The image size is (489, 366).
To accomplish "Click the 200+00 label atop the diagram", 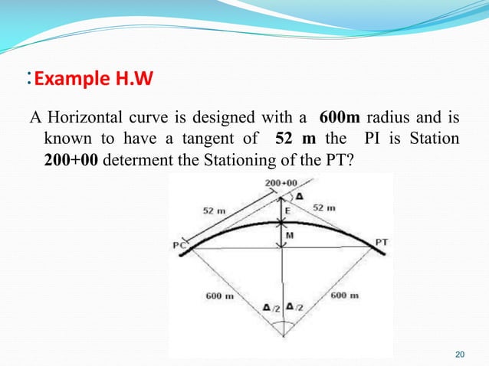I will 281,184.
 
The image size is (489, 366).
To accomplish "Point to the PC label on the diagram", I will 181,245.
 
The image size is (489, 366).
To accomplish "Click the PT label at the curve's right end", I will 381,242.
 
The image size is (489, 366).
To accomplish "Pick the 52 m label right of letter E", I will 323,207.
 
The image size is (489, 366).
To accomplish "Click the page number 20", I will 460,354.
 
